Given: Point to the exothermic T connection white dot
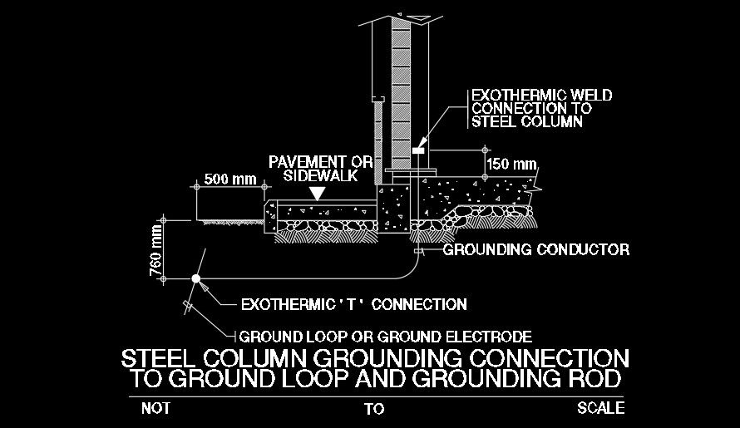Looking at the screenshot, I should coord(196,278).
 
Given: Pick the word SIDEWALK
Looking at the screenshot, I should coord(320,175).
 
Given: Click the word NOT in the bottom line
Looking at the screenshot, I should coord(155,408).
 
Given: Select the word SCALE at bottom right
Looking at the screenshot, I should coord(600,408).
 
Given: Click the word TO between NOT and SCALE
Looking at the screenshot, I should coord(374,409).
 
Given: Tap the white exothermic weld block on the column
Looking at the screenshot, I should coord(417,150).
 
